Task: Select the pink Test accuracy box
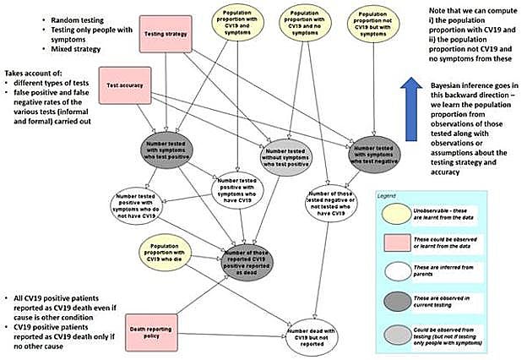pyautogui.click(x=124, y=85)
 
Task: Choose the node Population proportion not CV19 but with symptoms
pyautogui.click(x=372, y=23)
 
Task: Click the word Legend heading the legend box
pyautogui.click(x=390, y=197)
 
